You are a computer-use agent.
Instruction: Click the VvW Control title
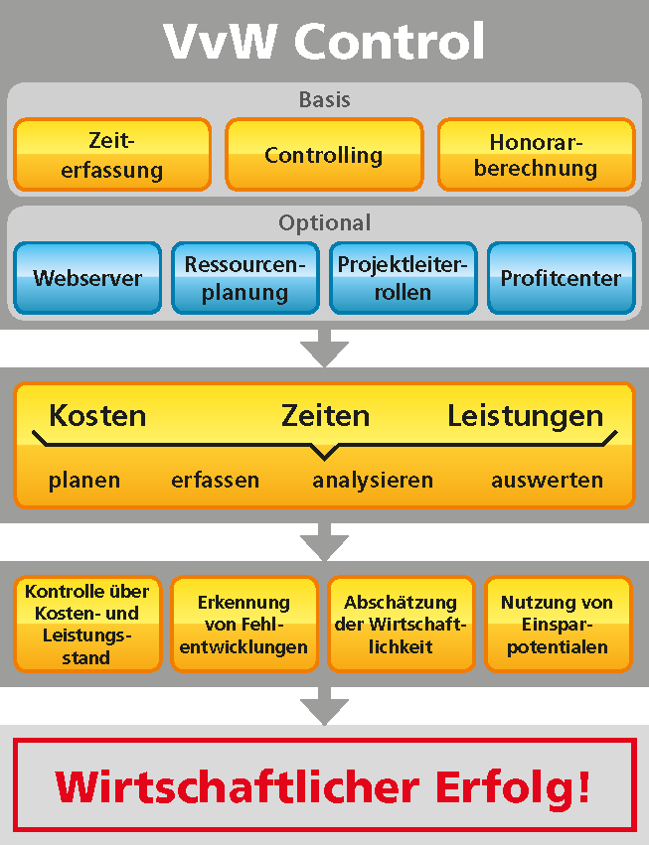coord(324,41)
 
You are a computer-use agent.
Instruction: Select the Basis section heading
coord(325,99)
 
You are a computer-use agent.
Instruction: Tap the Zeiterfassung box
coord(112,155)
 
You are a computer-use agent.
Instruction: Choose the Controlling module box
coord(324,155)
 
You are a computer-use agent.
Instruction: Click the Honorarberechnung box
coord(537,155)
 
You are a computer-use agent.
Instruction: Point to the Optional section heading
coord(325,223)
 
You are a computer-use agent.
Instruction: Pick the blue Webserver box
coord(87,278)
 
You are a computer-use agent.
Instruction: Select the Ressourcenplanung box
coord(245,278)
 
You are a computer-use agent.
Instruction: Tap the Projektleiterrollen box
coord(403,278)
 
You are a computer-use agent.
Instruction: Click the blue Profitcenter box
coord(562,278)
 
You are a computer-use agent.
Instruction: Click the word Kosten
coord(97,416)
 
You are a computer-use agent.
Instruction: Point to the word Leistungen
coord(526,417)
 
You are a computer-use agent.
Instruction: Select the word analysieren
coord(373,481)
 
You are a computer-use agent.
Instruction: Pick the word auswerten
coord(547,480)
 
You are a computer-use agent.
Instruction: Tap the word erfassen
coord(216,480)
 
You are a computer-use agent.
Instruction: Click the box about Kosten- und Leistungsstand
coord(87,624)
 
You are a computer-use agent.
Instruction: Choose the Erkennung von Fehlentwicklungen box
coord(244,624)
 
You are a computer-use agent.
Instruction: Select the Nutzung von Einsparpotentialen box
coord(558,624)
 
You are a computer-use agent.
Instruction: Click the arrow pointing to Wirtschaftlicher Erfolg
coord(324,706)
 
